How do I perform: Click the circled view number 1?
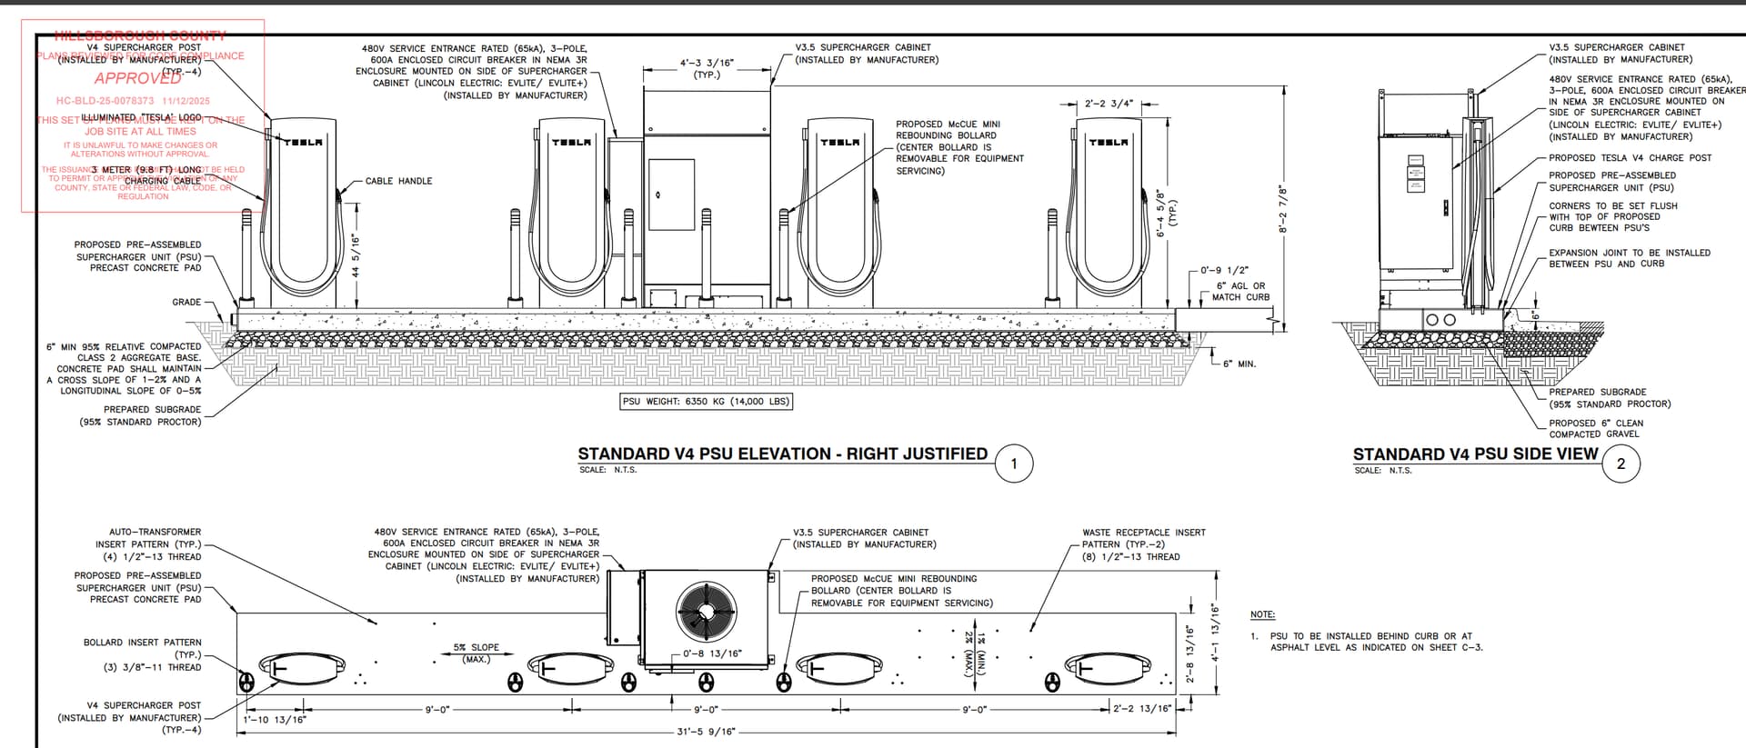click(1014, 464)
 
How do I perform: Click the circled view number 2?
click(1621, 464)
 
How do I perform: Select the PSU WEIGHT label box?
click(706, 401)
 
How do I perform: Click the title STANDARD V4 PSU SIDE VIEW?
click(1475, 454)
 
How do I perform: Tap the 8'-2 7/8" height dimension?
click(1283, 209)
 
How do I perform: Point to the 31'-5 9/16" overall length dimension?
click(706, 732)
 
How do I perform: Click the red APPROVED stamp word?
click(138, 78)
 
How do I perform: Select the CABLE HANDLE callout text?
click(398, 181)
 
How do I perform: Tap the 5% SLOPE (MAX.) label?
click(476, 653)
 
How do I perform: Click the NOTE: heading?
click(1262, 615)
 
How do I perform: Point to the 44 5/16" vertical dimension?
click(356, 256)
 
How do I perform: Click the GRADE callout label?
click(186, 303)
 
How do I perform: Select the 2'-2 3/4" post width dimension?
click(1109, 104)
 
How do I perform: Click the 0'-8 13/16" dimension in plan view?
click(712, 653)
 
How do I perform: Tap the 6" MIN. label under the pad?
click(1239, 364)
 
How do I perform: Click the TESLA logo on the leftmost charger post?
click(303, 142)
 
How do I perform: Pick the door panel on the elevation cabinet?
click(671, 194)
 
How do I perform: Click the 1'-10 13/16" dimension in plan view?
click(275, 720)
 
